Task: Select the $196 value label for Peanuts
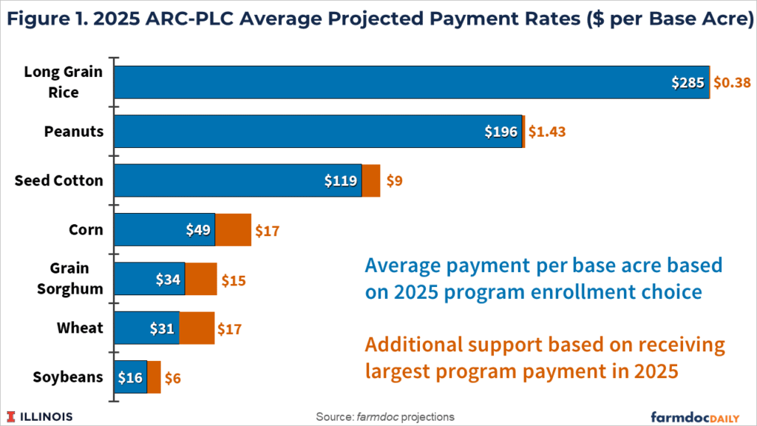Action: (x=502, y=132)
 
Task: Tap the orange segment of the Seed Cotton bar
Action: (x=371, y=180)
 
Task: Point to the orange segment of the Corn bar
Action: (x=233, y=229)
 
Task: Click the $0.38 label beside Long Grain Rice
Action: (x=731, y=83)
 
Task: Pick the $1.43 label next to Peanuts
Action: (x=546, y=132)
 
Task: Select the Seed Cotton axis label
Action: (x=59, y=180)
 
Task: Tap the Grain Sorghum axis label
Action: (x=70, y=278)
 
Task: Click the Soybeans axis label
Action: (x=68, y=376)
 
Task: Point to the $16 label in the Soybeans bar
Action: (x=131, y=376)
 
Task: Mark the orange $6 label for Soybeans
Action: (x=172, y=377)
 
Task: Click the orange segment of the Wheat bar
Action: (x=197, y=328)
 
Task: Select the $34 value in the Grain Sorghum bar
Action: (x=169, y=279)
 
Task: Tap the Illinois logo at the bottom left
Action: (x=41, y=416)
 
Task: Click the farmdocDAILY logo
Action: (x=699, y=416)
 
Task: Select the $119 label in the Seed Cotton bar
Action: (x=342, y=180)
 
